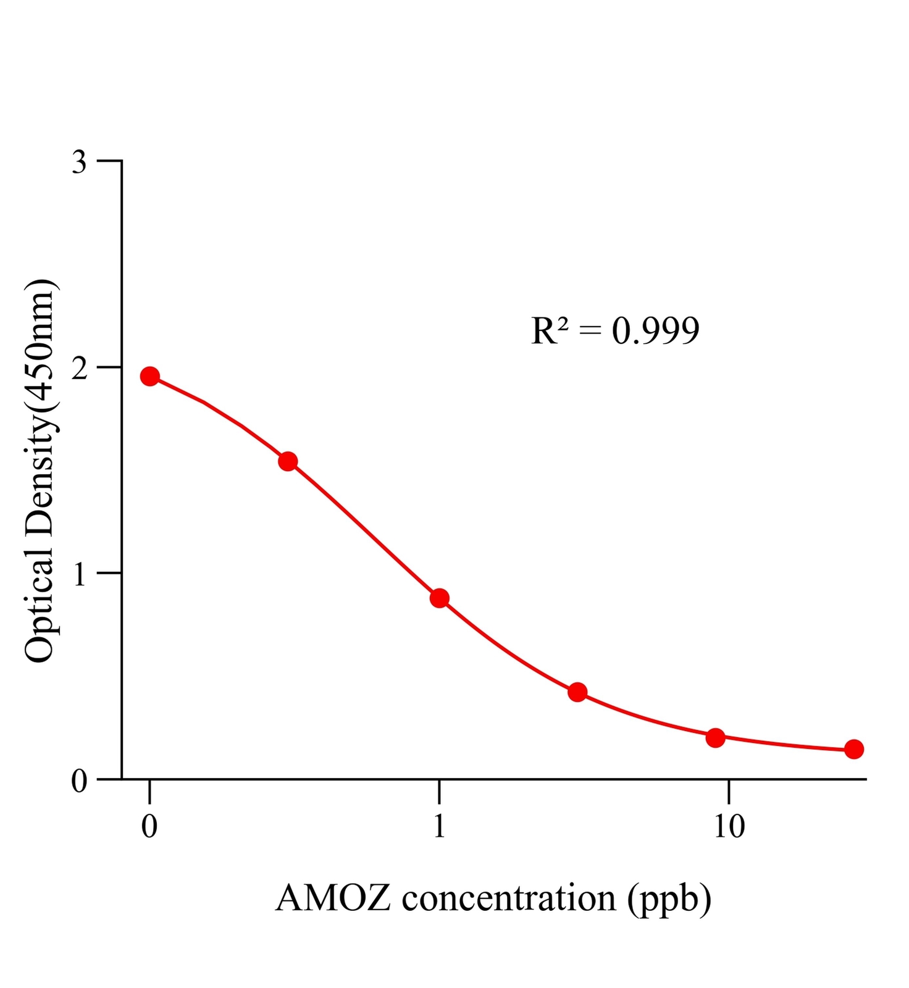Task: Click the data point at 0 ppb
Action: pos(149,376)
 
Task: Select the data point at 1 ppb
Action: pos(439,598)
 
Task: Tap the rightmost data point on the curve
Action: pos(853,749)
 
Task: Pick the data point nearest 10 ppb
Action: pos(715,737)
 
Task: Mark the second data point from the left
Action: pos(288,461)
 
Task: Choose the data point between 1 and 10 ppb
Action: pos(577,692)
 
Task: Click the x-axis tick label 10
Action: pos(729,826)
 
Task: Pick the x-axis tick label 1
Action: pos(439,826)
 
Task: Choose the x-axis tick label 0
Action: pos(149,826)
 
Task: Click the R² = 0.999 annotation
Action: pos(615,331)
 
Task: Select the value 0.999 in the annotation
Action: pos(655,331)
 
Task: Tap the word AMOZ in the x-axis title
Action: pos(333,898)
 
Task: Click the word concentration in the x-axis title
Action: pos(509,898)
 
